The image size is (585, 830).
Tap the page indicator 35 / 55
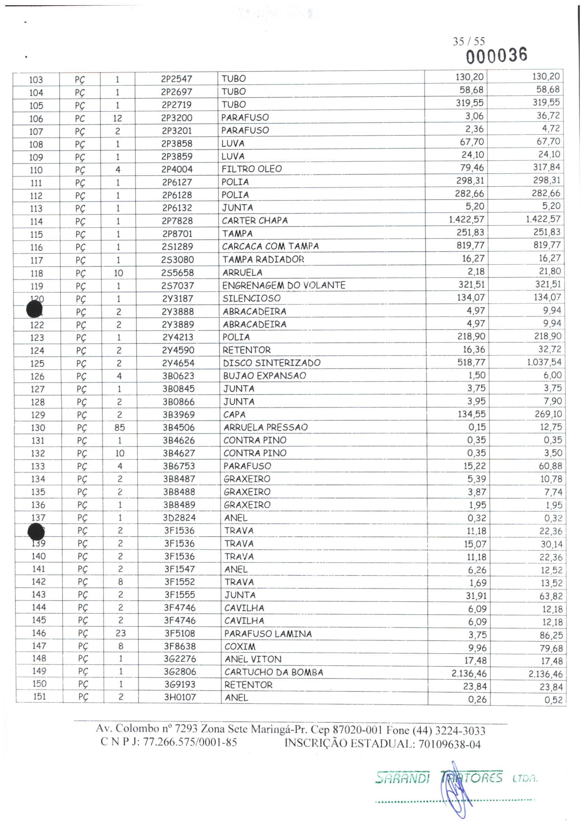468,41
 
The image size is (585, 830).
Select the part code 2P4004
177,169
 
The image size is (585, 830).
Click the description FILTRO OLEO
251,169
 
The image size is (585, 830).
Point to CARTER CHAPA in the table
254,220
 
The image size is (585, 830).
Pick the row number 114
36,222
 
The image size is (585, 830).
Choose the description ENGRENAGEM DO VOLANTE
283,285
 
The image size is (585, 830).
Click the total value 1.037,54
544,362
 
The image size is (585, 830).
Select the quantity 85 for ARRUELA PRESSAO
120,428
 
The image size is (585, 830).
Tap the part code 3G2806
180,672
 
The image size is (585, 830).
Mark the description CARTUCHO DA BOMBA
274,672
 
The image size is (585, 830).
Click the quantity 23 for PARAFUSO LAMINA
120,633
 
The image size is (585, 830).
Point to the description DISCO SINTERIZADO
272,363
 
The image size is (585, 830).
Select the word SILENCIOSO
251,298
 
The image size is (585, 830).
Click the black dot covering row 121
34,310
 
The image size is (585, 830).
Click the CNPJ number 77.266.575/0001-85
190,742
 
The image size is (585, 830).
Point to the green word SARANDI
402,777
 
